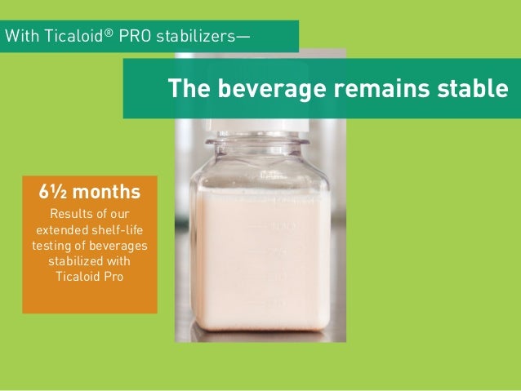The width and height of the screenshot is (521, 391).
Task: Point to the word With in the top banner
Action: click(20, 36)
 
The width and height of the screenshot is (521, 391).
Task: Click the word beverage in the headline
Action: click(252, 88)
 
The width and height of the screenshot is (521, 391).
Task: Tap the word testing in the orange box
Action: click(52, 245)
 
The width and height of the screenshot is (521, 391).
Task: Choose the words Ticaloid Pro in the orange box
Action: click(89, 276)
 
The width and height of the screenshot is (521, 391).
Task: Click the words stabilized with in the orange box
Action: click(89, 260)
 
